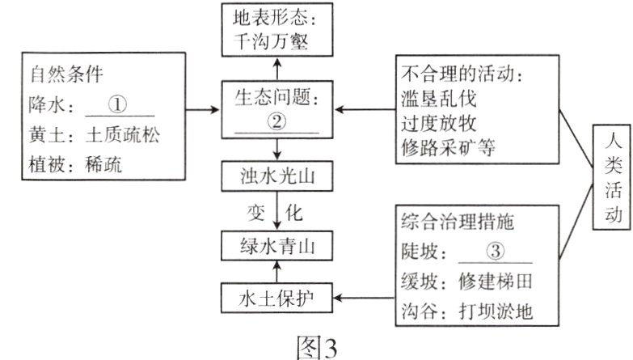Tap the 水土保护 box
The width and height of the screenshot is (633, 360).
277,299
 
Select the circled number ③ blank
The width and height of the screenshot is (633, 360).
494,252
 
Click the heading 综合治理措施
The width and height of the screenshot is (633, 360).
457,221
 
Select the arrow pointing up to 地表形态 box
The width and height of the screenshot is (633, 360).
277,66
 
